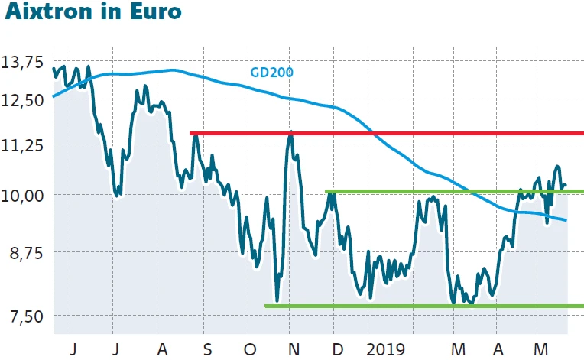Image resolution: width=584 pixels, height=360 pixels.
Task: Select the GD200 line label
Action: coord(272,73)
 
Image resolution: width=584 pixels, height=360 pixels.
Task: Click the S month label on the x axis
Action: coord(208,349)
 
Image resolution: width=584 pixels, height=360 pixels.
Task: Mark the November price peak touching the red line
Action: coord(290,134)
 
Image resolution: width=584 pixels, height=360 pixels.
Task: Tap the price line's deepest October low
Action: coord(277,300)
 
